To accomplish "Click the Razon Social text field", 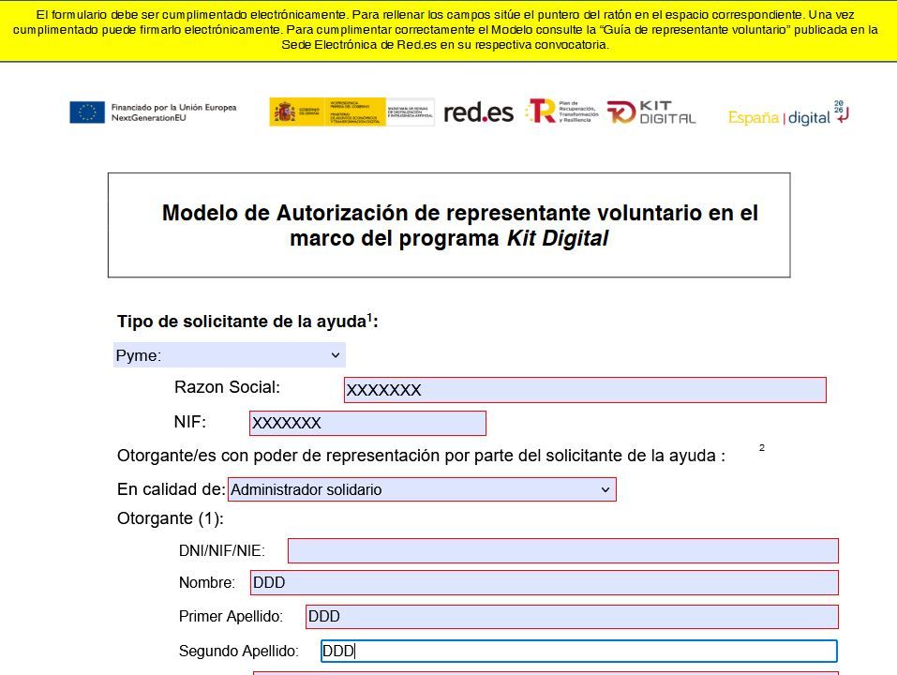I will [x=584, y=390].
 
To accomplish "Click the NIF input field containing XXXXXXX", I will [x=367, y=424].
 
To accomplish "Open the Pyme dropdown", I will [x=230, y=355].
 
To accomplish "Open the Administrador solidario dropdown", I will [x=422, y=489].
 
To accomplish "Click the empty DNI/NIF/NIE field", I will [x=562, y=550].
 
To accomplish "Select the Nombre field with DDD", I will [x=544, y=582].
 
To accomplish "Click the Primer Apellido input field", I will [x=571, y=617].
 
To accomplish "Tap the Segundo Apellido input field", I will [x=578, y=652].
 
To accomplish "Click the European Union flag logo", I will [x=86, y=112].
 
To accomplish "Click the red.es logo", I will [x=478, y=112].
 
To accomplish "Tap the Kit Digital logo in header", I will [x=651, y=112].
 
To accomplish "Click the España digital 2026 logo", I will [x=787, y=114].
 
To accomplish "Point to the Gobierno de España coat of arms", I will [x=284, y=112].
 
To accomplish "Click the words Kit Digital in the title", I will [x=558, y=239].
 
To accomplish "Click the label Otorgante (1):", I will [x=170, y=518].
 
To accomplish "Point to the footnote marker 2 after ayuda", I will [x=762, y=448].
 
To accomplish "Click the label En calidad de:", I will [x=171, y=489].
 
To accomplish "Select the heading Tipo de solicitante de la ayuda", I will [x=247, y=322].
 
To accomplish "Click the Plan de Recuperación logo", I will [x=560, y=112].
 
